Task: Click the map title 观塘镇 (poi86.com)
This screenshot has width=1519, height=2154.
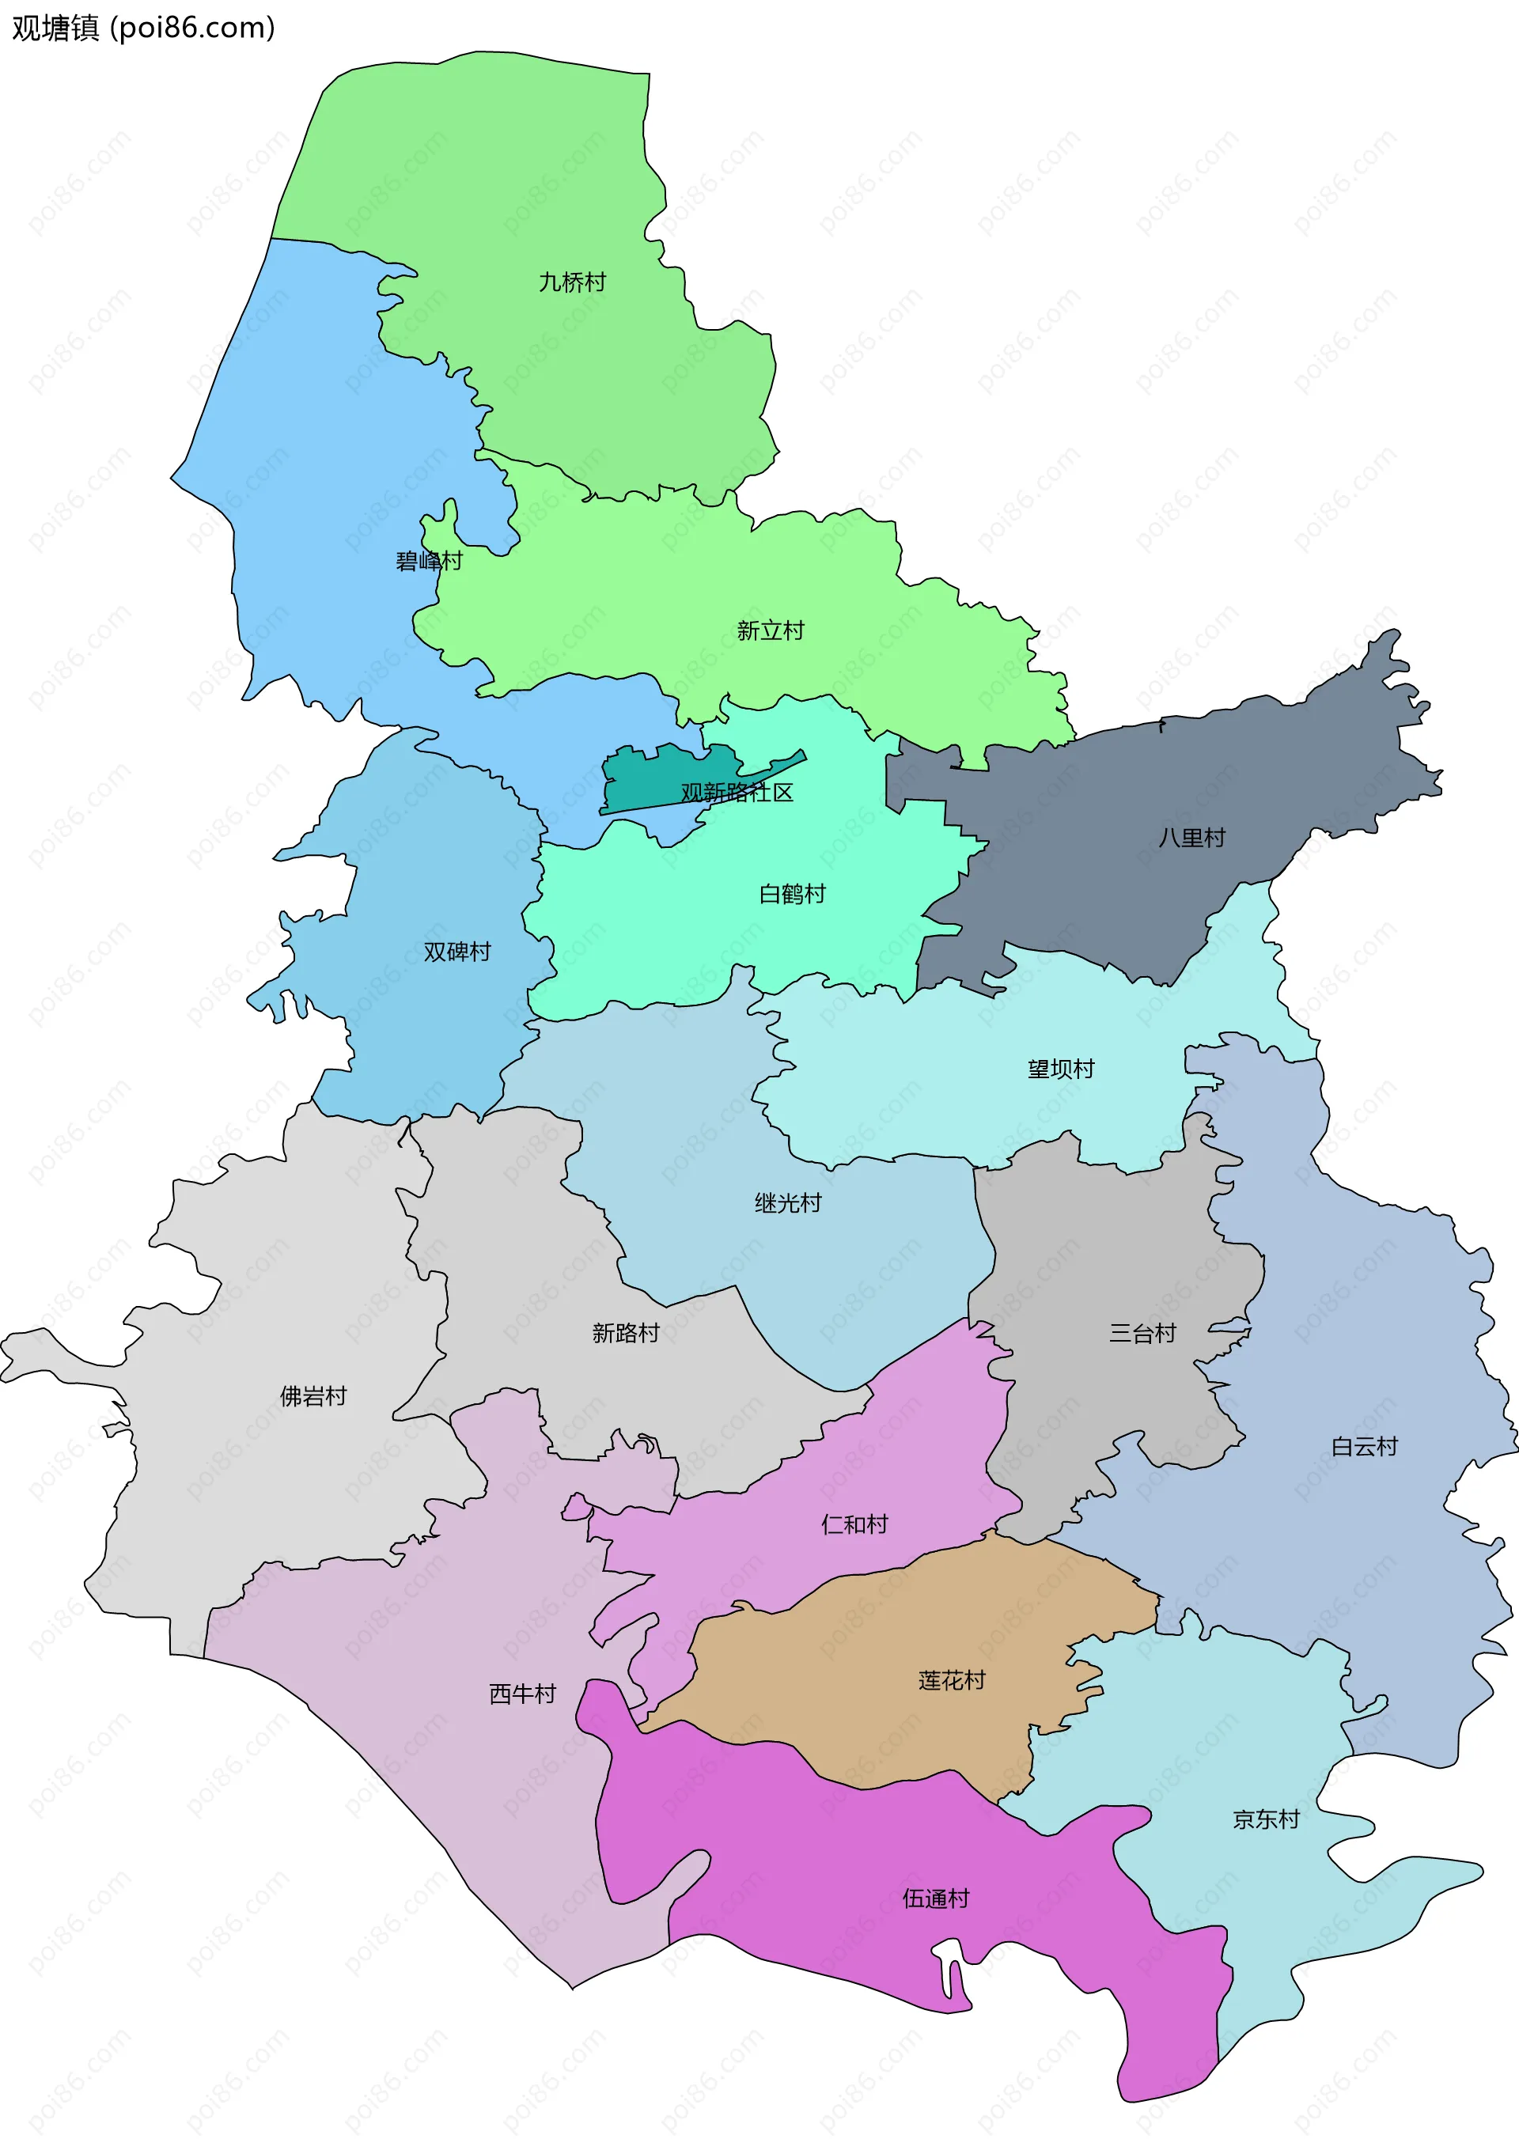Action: click(x=143, y=28)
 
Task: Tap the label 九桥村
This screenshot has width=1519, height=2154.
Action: click(x=571, y=282)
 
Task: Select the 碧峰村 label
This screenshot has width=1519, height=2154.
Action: click(x=429, y=561)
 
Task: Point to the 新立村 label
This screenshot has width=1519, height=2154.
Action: click(x=771, y=630)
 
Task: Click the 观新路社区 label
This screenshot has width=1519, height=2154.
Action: click(x=737, y=793)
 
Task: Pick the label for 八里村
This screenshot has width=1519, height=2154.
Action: click(x=1191, y=838)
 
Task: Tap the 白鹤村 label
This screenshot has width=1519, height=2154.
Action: click(x=792, y=894)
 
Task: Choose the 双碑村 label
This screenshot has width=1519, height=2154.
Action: click(x=457, y=952)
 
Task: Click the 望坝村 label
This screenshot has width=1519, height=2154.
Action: click(x=1060, y=1069)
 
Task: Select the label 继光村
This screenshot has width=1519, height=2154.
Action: click(x=787, y=1202)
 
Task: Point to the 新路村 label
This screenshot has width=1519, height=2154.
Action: click(x=625, y=1333)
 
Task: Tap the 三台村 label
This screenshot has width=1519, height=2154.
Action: click(x=1142, y=1333)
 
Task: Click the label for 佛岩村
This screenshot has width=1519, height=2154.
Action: click(x=313, y=1397)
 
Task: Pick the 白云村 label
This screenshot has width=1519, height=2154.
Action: click(x=1363, y=1447)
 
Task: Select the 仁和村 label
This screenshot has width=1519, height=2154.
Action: click(x=854, y=1524)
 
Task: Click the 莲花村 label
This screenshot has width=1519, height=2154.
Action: click(x=952, y=1680)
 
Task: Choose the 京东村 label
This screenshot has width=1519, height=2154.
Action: click(x=1265, y=1820)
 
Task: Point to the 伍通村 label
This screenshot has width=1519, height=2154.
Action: click(x=935, y=1898)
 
